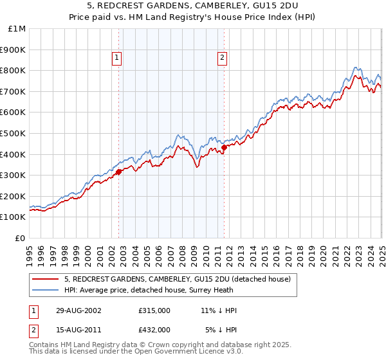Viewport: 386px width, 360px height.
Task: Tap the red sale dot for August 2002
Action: [x=119, y=172]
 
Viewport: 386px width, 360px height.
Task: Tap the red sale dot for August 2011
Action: [x=224, y=147]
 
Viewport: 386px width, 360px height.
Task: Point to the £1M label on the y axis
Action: [x=17, y=28]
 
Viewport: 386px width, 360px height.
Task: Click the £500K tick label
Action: [x=14, y=133]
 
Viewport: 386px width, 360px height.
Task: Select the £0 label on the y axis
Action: [x=20, y=238]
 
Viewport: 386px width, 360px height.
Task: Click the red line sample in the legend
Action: [x=46, y=279]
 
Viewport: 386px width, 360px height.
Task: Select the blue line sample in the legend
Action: [x=46, y=290]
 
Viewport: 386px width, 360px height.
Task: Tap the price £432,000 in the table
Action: [x=154, y=329]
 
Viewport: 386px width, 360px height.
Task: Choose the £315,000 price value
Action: [x=154, y=311]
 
